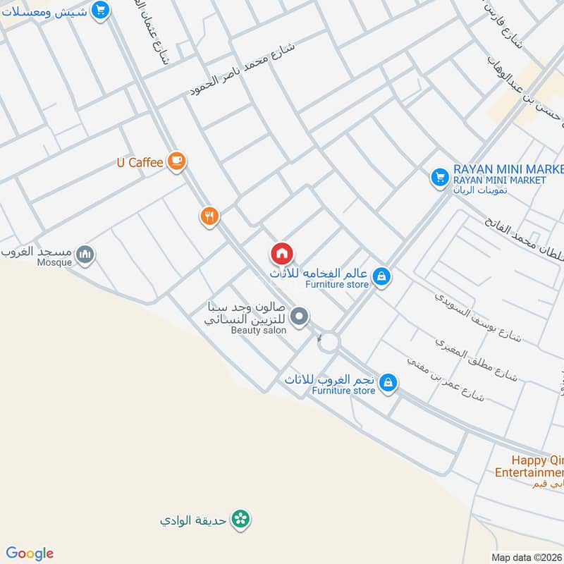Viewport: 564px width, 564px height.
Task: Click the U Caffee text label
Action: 140,163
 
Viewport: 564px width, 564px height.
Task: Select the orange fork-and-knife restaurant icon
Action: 209,216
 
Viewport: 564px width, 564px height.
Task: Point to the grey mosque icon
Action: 85,254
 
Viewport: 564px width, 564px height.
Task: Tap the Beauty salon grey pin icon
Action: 300,317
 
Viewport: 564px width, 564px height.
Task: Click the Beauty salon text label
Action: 259,330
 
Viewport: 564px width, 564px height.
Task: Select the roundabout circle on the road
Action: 328,343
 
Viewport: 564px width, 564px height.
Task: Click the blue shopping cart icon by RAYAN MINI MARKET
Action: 440,176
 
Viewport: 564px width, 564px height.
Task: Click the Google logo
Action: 29,553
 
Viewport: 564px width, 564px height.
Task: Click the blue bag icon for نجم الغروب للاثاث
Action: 387,383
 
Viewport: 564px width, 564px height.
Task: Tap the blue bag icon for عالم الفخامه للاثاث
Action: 381,277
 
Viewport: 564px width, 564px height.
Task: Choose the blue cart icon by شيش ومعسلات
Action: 102,11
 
